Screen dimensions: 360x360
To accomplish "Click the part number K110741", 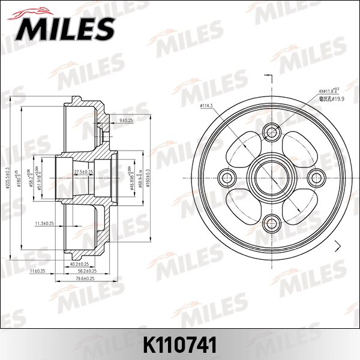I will [x=179, y=343].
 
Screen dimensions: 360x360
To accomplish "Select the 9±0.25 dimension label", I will [x=126, y=121].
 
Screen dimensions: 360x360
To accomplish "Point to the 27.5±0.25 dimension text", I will [x=83, y=172].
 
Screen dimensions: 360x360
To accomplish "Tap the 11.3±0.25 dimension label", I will [x=45, y=224].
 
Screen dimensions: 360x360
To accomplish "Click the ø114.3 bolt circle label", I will [x=207, y=106].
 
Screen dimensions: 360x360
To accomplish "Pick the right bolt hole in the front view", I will [x=317, y=176].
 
